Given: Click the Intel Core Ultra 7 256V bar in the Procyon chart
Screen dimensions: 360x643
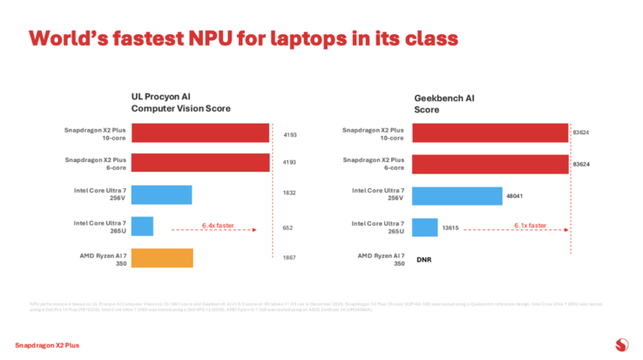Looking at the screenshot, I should (161, 194).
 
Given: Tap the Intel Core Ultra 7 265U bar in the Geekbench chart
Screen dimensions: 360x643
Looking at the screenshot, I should (425, 227).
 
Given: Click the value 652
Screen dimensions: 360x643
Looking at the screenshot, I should (288, 228).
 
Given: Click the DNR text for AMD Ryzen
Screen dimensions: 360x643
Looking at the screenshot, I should (424, 260).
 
